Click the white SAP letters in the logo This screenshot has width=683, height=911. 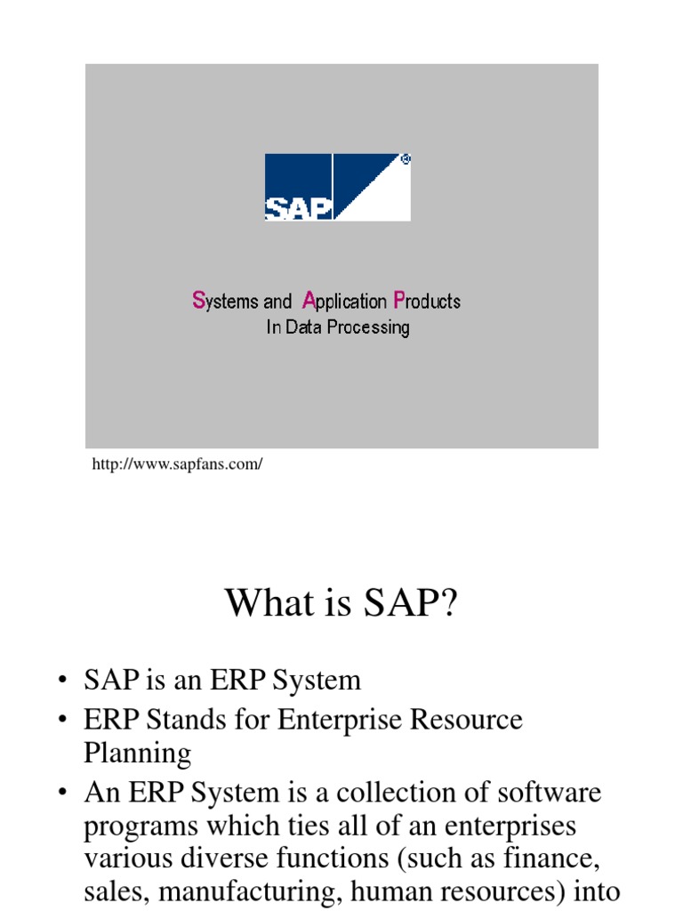[x=298, y=207]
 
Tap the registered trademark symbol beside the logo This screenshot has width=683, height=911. [x=406, y=160]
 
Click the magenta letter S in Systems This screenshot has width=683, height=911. [x=198, y=301]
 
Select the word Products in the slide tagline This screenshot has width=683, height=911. [x=427, y=302]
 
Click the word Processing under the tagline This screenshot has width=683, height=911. [x=368, y=327]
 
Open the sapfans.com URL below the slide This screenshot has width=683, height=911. [x=178, y=464]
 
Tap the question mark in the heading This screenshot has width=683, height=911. [x=447, y=603]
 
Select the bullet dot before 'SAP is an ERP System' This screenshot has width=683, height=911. [x=61, y=681]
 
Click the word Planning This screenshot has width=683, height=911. [x=137, y=754]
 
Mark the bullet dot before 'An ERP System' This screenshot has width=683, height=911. [x=61, y=793]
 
